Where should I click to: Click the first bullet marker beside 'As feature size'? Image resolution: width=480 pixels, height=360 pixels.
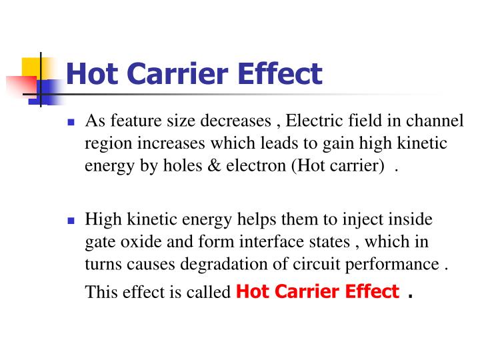71,123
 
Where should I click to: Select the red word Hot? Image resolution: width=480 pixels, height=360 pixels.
251,291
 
